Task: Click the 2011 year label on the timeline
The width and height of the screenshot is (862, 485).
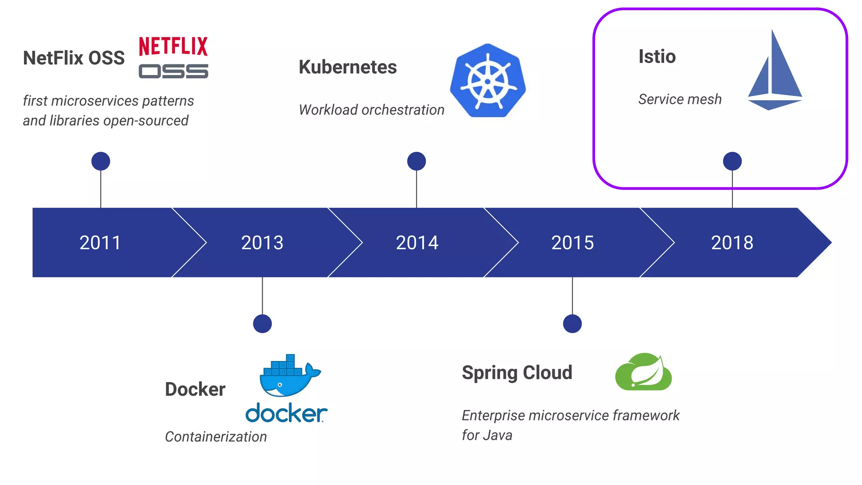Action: (x=100, y=242)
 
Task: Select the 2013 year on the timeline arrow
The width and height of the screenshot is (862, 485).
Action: (x=262, y=242)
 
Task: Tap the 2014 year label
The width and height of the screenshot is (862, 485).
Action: (x=417, y=242)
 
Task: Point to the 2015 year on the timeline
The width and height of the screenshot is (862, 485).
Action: (x=572, y=242)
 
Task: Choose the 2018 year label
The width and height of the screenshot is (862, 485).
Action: (x=732, y=242)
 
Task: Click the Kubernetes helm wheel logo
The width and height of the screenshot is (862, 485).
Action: (x=488, y=80)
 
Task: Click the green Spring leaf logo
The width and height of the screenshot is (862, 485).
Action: (x=643, y=372)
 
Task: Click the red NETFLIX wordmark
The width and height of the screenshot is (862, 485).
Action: (x=173, y=46)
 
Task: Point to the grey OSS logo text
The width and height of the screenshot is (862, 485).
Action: (x=173, y=71)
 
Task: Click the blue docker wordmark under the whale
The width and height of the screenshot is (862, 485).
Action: (x=286, y=413)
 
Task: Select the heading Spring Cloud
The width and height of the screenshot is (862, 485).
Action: (x=517, y=373)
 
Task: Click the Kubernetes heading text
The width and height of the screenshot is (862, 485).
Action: (x=348, y=67)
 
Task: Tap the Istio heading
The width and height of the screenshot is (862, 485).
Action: (x=657, y=56)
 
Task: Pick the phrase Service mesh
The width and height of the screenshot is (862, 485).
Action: (x=680, y=99)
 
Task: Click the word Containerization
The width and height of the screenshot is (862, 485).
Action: (x=216, y=437)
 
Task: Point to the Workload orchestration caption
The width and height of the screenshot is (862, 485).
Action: (x=371, y=110)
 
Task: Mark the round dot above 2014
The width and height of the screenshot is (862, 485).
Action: (x=417, y=161)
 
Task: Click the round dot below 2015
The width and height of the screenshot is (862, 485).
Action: (x=572, y=324)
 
